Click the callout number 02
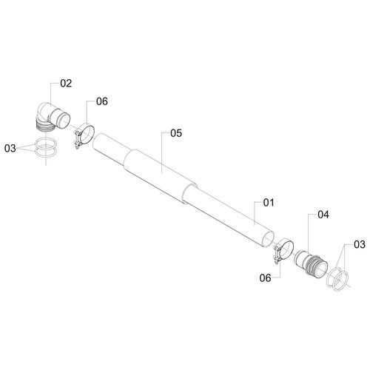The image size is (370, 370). click(66, 84)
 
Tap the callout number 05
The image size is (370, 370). click(176, 133)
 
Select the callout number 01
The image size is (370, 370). click(269, 203)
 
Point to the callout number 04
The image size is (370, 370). click(323, 215)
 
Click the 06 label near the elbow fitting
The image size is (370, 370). click(102, 101)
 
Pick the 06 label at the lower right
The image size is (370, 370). click(265, 278)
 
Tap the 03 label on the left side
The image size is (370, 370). click(10, 149)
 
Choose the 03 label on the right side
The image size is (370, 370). click(360, 245)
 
